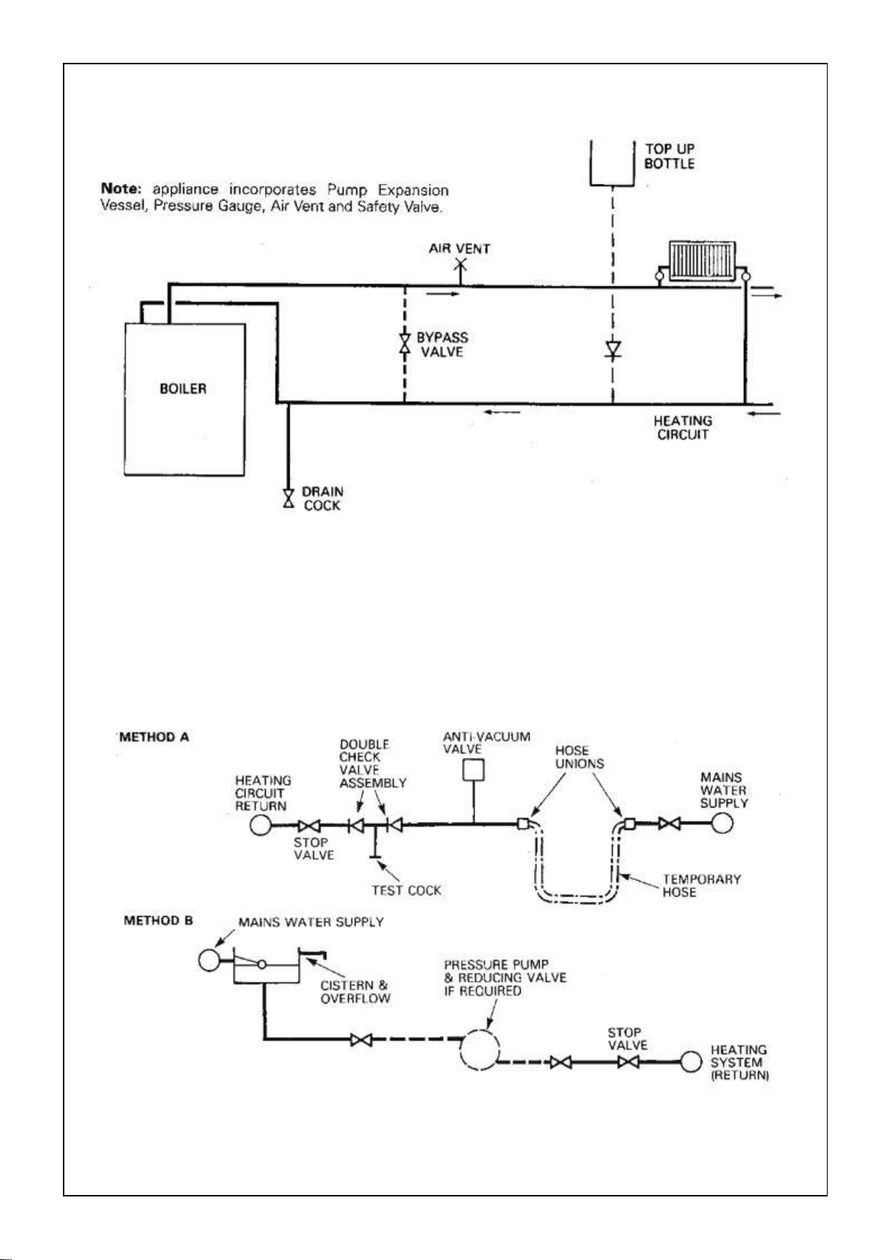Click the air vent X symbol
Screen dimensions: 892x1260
pos(460,264)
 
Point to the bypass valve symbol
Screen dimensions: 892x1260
pos(405,343)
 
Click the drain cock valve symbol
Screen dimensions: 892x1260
pos(288,498)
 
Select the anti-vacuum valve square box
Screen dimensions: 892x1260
pos(473,769)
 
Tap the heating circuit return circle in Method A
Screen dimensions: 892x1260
pos(260,826)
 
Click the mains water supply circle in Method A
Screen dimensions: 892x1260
pos(722,823)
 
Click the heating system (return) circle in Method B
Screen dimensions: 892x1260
pos(691,1062)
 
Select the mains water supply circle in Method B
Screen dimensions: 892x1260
pos(210,960)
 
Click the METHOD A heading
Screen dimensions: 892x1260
pos(153,737)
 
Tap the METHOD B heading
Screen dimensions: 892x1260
pos(158,921)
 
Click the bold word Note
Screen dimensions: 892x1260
pos(121,188)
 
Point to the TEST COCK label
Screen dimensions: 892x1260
pos(406,891)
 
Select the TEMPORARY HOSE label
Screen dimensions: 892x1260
pos(701,885)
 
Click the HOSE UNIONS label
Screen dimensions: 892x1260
pos(579,757)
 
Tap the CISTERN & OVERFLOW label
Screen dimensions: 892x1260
pos(355,992)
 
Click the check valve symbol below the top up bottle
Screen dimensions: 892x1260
pos(613,348)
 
